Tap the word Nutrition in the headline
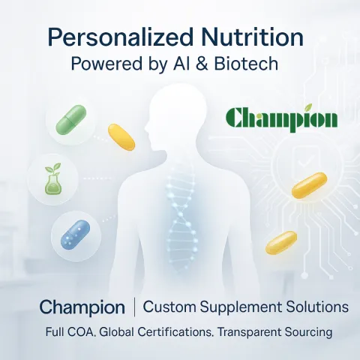pyautogui.click(x=254, y=38)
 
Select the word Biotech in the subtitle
pyautogui.click(x=247, y=64)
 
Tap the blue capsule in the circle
pyautogui.click(x=75, y=235)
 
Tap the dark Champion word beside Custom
pyautogui.click(x=82, y=307)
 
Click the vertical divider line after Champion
pyautogui.click(x=134, y=307)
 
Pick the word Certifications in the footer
pyautogui.click(x=174, y=331)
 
